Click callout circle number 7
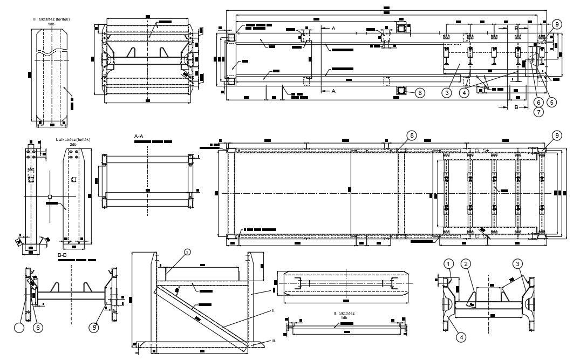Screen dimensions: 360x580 pos(538,112)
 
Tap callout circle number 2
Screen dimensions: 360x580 pos(467,263)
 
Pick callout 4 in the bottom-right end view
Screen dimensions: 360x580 pos(460,337)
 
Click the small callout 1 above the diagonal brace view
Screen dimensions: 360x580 pos(187,252)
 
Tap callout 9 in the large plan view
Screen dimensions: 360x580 pos(556,135)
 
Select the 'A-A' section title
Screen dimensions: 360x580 pos(139,138)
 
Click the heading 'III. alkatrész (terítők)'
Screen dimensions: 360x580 pos(51,19)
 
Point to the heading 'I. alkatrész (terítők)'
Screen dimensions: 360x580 pos(72,139)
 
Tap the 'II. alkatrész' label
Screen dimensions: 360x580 pos(344,313)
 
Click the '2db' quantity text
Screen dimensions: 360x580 pos(73,144)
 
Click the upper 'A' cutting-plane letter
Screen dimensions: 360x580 pos(333,28)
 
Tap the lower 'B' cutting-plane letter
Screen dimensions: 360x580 pos(516,107)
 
